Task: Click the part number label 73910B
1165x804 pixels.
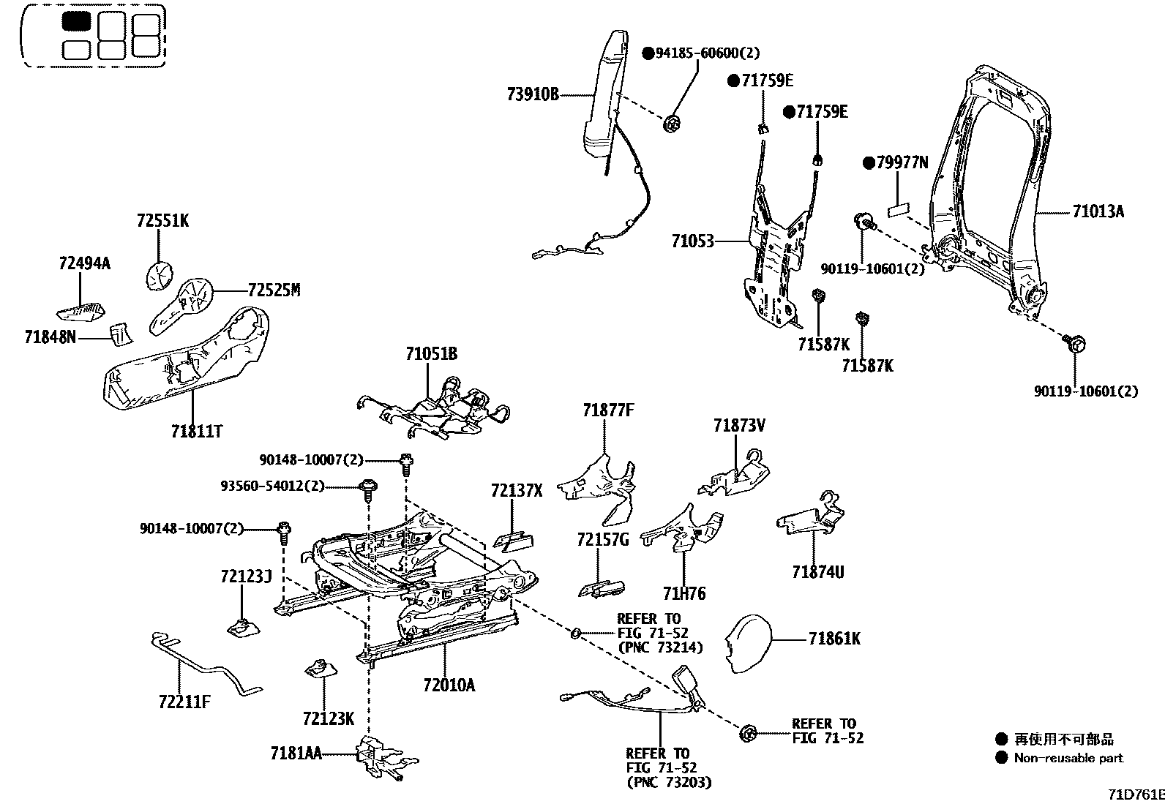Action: (x=532, y=94)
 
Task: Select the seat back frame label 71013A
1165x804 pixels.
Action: (x=1098, y=212)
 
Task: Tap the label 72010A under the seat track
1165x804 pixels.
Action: (x=448, y=685)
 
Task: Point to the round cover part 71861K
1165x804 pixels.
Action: (x=748, y=642)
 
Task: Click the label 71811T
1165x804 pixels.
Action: (x=196, y=432)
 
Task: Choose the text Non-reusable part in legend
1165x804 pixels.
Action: (x=1068, y=759)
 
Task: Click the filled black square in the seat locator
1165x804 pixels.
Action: (x=75, y=21)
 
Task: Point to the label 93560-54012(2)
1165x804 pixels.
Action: (x=271, y=486)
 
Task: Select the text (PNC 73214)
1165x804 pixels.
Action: (x=660, y=647)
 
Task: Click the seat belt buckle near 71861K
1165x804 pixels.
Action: (x=689, y=684)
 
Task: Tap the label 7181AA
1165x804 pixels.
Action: (x=296, y=753)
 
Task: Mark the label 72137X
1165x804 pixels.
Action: (x=517, y=492)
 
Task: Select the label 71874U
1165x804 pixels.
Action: (x=817, y=572)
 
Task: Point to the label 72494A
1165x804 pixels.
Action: (x=84, y=263)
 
